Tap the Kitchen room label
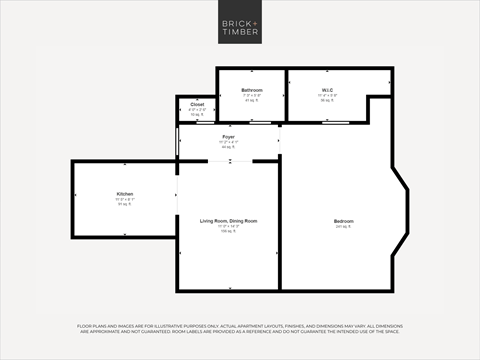[x=125, y=194]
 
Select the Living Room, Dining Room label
[x=228, y=220]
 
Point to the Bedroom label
[x=343, y=221]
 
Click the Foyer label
[x=228, y=135]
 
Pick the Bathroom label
[x=252, y=90]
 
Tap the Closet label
[x=197, y=104]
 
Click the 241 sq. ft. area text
[x=343, y=227]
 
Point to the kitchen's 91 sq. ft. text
[x=125, y=205]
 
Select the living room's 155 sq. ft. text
[x=228, y=231]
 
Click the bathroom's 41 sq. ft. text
[x=252, y=101]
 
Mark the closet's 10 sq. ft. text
[x=197, y=114]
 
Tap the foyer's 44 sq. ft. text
[x=228, y=146]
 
